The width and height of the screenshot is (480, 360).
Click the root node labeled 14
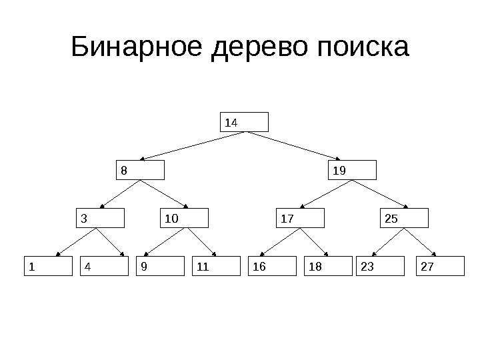click(x=245, y=122)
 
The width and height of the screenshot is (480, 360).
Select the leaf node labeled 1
click(x=48, y=266)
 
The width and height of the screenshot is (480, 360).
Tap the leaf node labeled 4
click(x=104, y=266)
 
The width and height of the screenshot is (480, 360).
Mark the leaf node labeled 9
click(x=160, y=266)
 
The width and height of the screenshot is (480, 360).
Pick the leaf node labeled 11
click(x=215, y=266)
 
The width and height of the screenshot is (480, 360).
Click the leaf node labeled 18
click(x=327, y=266)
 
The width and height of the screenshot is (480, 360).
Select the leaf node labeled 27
click(x=439, y=266)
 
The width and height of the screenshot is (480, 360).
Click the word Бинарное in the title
click(x=137, y=49)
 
